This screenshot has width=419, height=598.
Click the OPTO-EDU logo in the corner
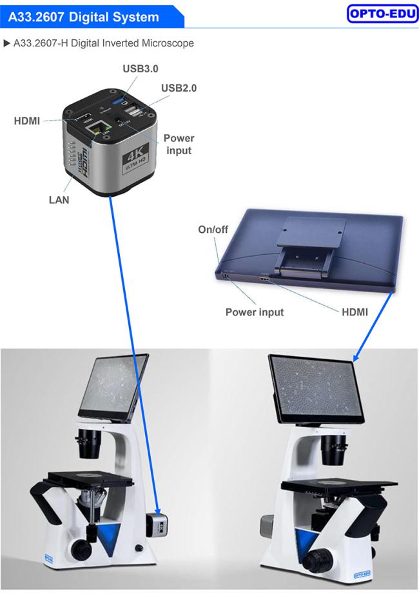pos(382,14)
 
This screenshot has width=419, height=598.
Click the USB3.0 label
pos(141,68)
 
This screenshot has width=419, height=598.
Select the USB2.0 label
pos(179,88)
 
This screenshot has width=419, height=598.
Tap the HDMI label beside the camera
pos(26,121)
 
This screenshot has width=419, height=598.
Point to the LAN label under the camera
pos(59,200)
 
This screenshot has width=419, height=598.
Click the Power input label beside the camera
pos(179,144)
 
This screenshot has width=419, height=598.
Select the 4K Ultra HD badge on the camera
pos(135,160)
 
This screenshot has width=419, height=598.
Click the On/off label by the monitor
pos(213,230)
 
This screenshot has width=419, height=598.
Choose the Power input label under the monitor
pos(255,312)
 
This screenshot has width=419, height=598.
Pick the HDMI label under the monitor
pos(355,312)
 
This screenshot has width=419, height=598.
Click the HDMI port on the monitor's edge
pos(264,279)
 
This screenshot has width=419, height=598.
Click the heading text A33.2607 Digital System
pos(84,17)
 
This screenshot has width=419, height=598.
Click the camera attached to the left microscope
pos(157,524)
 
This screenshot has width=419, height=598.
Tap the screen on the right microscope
pos(315,390)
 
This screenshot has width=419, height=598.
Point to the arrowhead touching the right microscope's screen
pos(356,357)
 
